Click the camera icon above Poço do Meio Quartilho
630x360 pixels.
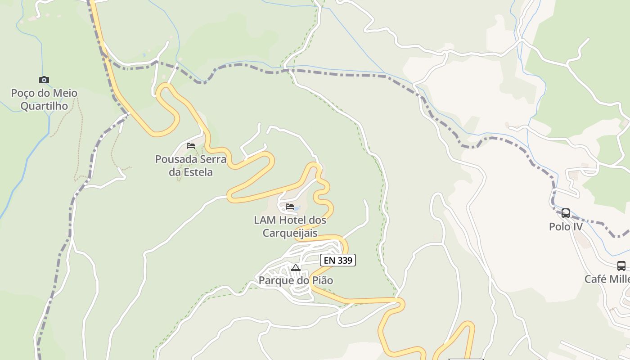click(44, 80)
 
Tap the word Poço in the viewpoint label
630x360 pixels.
click(23, 93)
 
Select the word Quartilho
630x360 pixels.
click(44, 106)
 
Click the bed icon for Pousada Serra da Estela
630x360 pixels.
click(191, 146)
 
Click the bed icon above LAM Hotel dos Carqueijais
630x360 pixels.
click(290, 207)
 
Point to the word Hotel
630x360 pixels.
click(293, 220)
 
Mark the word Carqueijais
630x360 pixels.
click(290, 234)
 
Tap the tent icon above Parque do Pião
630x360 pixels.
click(295, 268)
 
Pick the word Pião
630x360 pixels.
click(322, 281)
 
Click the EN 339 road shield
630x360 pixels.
click(338, 260)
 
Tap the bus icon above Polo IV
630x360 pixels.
click(566, 213)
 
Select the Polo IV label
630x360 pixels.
click(566, 227)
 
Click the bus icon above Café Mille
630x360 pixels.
click(621, 266)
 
